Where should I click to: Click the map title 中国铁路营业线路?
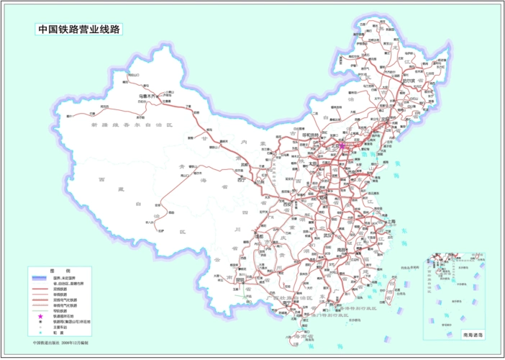pyautogui.click(x=78, y=30)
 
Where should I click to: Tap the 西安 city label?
pyautogui.click(x=292, y=204)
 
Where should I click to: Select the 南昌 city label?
pyautogui.click(x=350, y=252)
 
